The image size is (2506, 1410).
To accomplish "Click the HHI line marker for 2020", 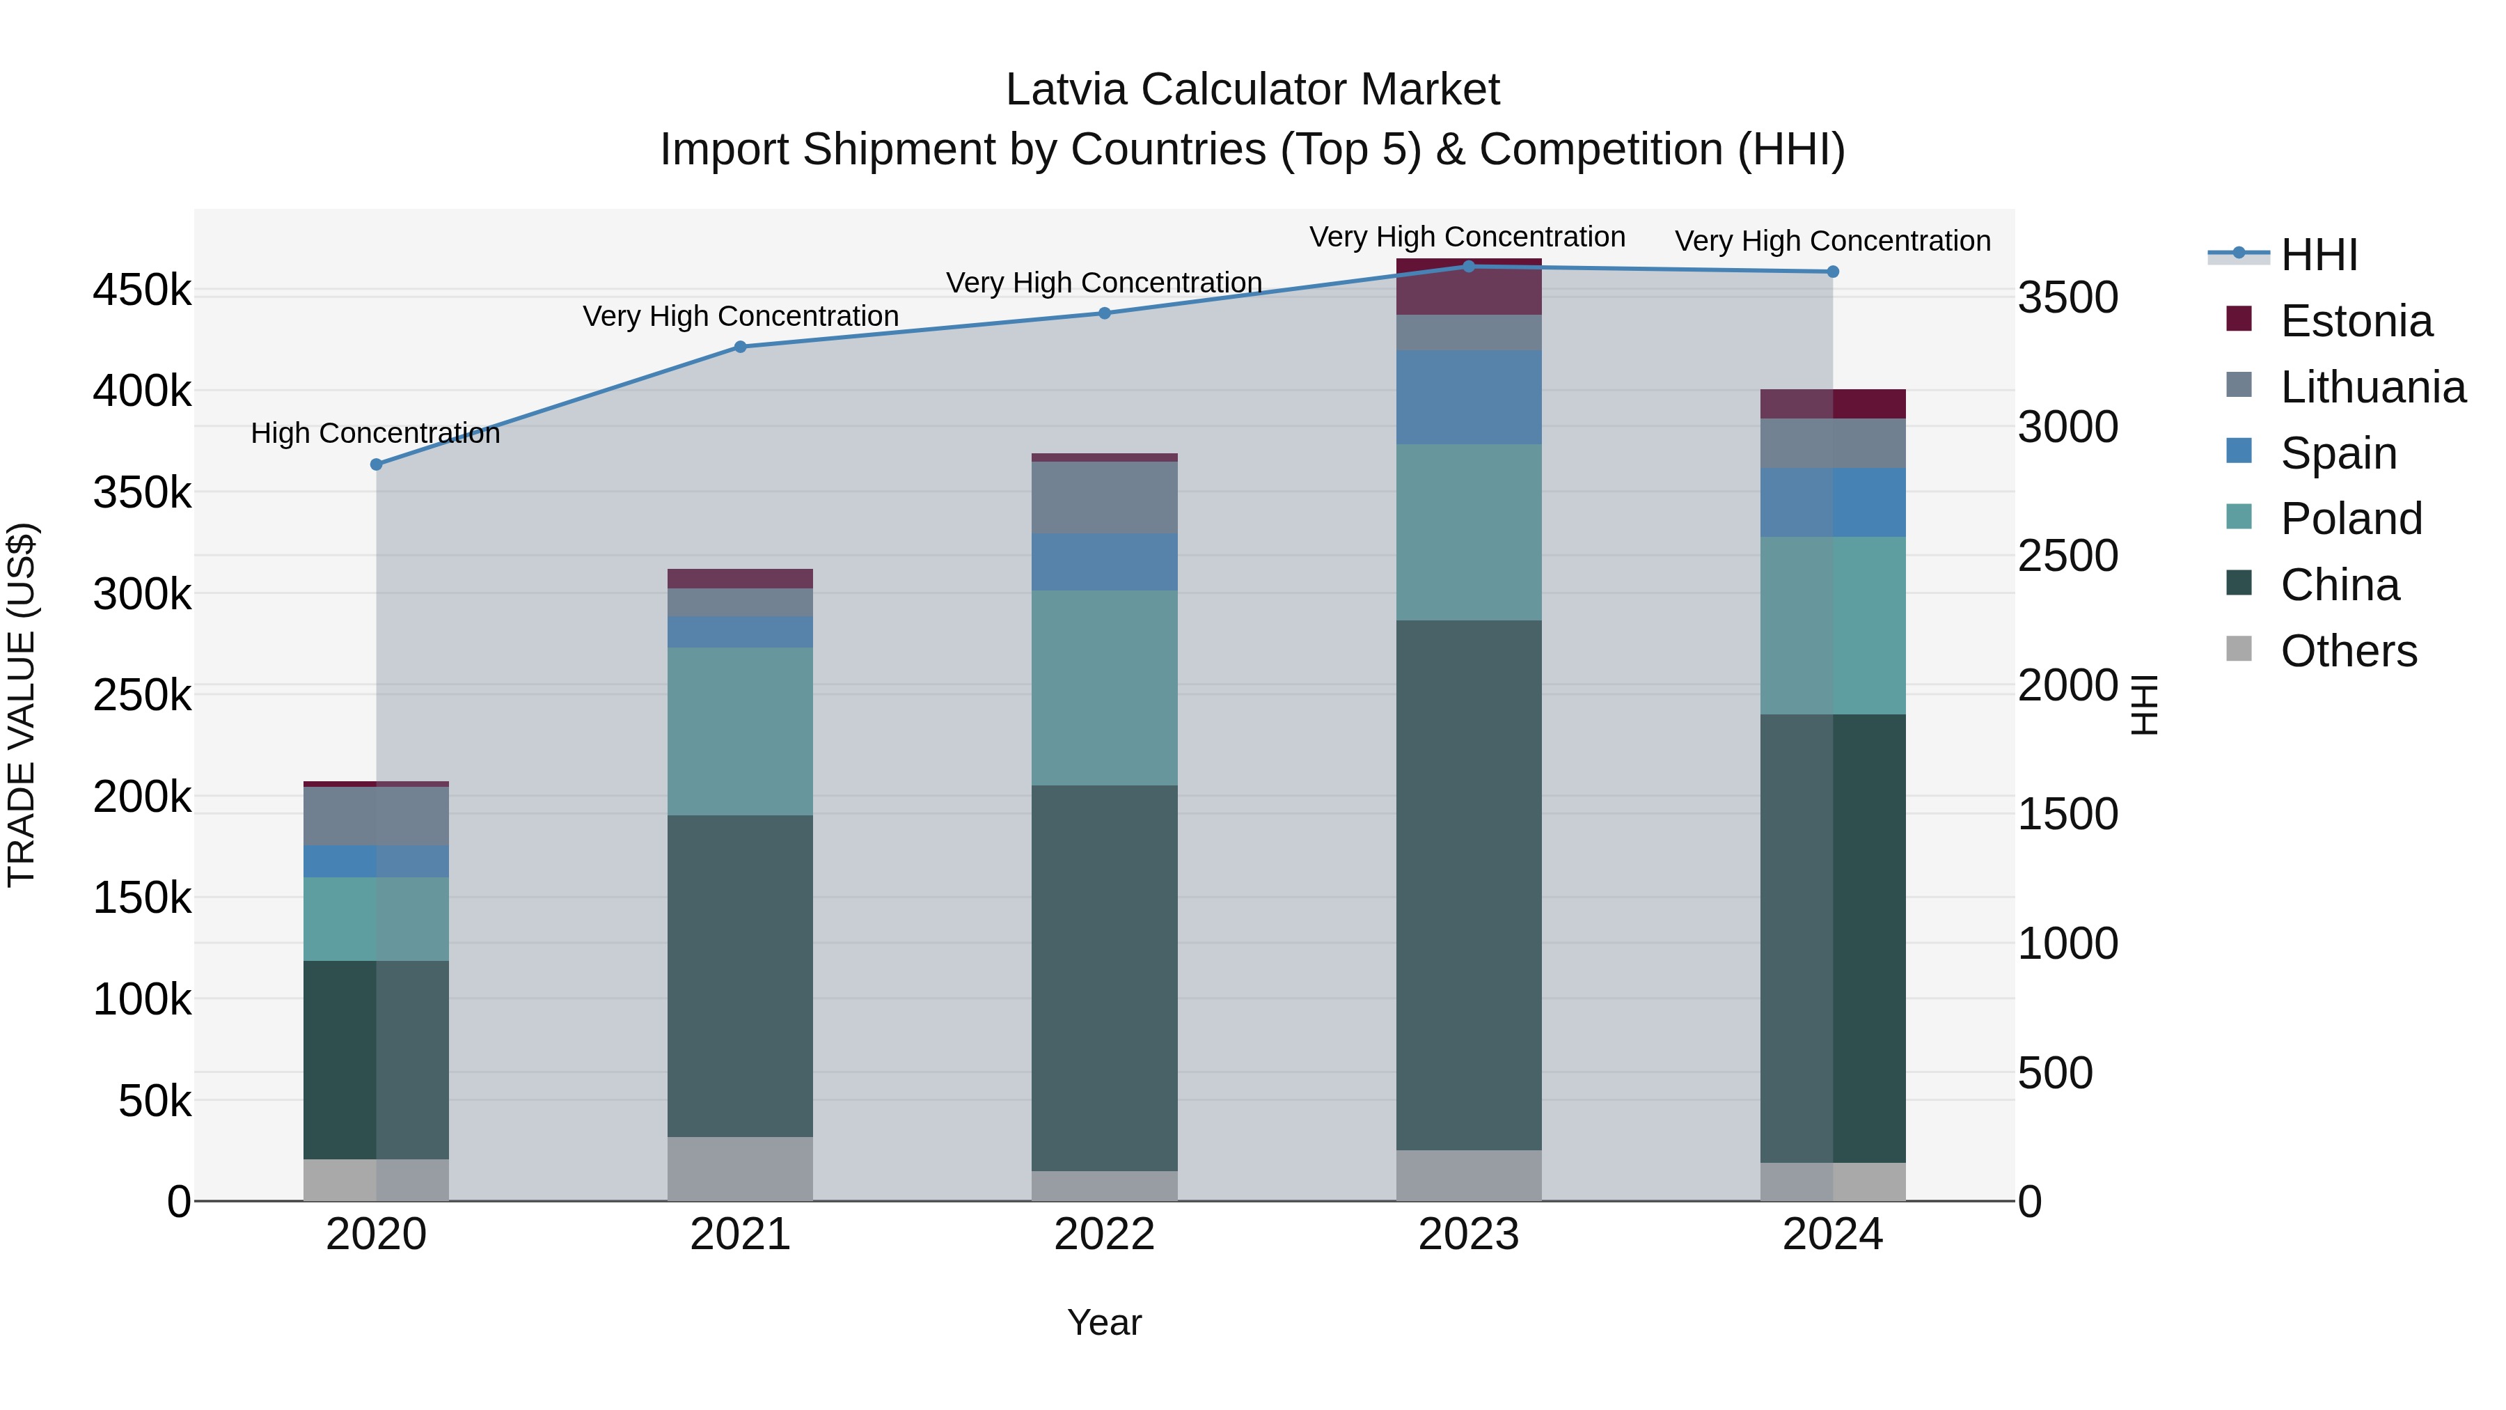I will (377, 464).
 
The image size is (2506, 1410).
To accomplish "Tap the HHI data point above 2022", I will (1104, 313).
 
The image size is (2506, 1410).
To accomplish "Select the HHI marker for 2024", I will (1833, 272).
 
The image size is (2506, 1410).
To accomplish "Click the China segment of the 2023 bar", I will (1469, 886).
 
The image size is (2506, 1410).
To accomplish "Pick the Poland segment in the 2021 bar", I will (741, 731).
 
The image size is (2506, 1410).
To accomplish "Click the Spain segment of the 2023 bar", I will (1469, 397).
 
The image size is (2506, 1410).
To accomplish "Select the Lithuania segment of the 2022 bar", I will (1104, 497).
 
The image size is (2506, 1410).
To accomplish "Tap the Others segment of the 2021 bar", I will (741, 1168).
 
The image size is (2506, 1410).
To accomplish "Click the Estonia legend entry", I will (2355, 321).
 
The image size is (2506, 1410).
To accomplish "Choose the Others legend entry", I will (2347, 651).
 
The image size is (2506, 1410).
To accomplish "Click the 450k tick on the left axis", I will (142, 290).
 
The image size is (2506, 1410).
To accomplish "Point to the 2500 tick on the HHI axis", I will (2067, 556).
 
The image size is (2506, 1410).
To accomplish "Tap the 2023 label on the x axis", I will (1469, 1235).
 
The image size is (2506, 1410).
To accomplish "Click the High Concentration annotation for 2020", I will (375, 433).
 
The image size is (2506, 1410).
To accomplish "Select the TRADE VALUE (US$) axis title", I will (22, 705).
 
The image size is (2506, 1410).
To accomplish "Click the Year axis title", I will (1104, 1322).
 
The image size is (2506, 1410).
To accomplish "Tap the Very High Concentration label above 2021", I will (741, 316).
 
